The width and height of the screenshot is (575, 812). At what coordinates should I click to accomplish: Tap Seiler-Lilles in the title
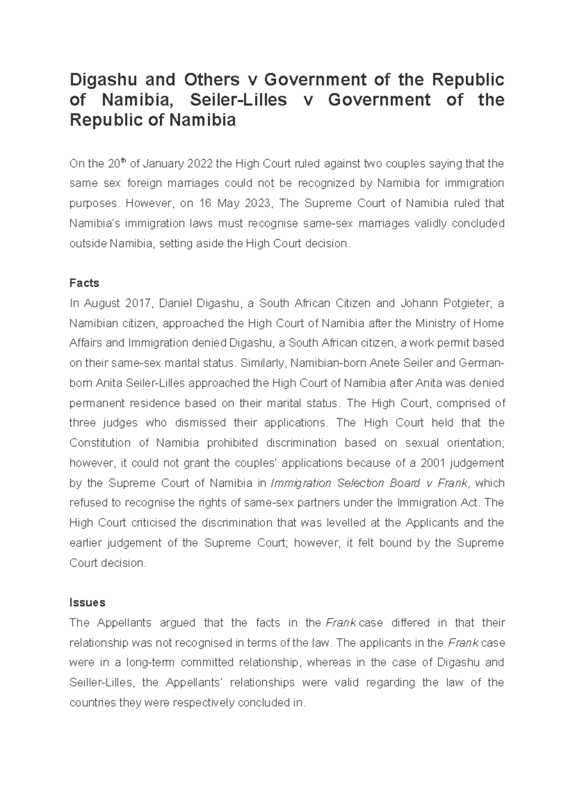coord(239,100)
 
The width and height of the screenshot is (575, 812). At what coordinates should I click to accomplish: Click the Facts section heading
coord(84,283)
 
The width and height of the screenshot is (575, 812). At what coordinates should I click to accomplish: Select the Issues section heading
coord(87,602)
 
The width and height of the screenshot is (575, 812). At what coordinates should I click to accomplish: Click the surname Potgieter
coord(462,303)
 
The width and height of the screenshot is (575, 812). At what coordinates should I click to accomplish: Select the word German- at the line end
coord(481,363)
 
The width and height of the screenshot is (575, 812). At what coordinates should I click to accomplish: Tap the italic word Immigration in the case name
coord(301,483)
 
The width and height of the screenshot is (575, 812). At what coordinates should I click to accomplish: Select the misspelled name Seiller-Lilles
coord(101,683)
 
